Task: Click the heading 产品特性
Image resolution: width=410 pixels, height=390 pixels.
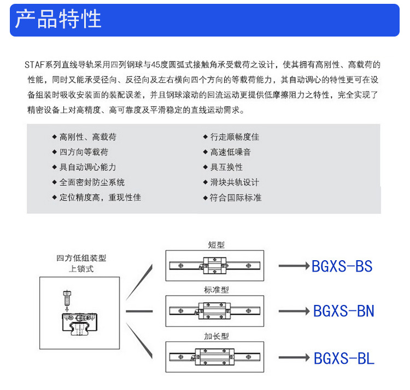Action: coord(58,19)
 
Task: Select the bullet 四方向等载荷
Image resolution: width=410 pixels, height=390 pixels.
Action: coord(84,152)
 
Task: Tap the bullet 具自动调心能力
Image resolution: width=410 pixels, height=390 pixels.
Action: coord(87,167)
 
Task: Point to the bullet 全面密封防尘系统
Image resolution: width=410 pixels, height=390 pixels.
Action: coord(92,182)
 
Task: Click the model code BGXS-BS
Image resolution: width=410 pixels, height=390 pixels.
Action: coord(342,266)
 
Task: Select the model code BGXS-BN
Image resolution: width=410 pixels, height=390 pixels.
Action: coord(343,311)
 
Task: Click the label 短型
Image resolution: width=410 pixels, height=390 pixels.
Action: coord(216,245)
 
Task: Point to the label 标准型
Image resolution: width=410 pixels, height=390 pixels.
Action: coord(216,290)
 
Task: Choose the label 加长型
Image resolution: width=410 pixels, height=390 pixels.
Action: coord(216,336)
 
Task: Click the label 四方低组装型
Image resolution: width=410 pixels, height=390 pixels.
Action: coord(81,259)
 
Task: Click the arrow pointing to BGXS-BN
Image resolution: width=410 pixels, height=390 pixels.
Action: coord(294,311)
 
